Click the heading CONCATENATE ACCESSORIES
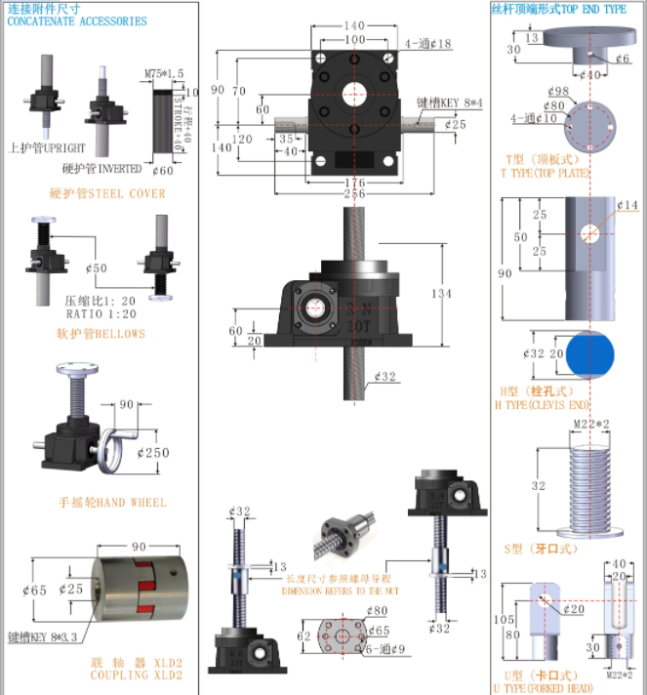(77, 20)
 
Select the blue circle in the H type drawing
(590, 353)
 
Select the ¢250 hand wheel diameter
(153, 453)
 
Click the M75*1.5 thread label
(164, 73)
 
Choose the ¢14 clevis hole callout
(627, 205)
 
